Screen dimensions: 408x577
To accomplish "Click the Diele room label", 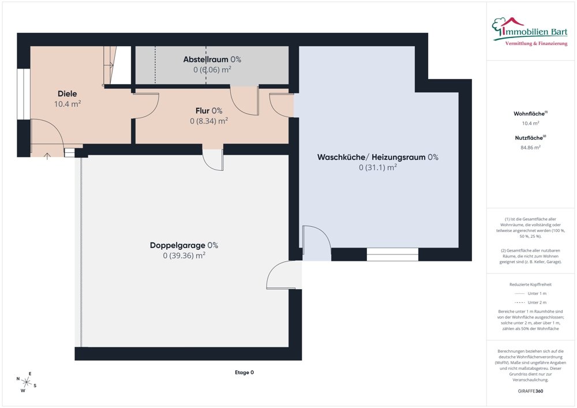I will (67, 93).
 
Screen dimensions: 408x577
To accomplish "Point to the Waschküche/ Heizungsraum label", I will (378, 158).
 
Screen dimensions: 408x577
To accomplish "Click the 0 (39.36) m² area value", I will (184, 256).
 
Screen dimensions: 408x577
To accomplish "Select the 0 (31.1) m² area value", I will (378, 168).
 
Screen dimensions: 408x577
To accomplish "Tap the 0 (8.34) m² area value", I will (209, 121).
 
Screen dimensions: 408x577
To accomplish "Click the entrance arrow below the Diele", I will (47, 155).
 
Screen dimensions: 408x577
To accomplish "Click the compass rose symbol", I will (27, 381).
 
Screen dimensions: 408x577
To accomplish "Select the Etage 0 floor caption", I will (244, 372).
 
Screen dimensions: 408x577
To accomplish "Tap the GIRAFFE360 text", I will (531, 391).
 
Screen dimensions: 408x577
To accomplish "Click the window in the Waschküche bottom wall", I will (392, 254).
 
